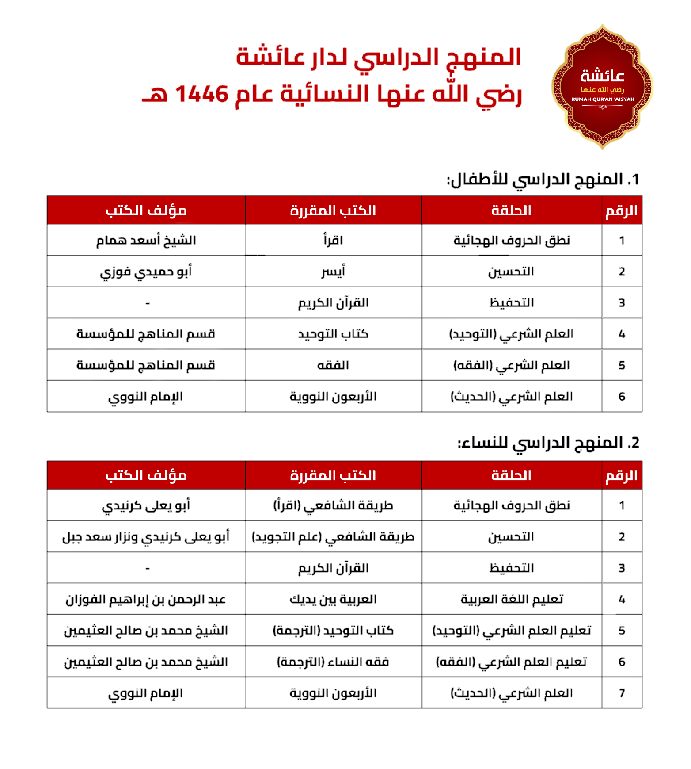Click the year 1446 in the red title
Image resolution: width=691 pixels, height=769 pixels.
click(x=202, y=94)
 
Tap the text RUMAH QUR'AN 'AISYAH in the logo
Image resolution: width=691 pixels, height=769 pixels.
click(x=603, y=99)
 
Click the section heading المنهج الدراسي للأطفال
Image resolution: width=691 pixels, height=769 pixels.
click(x=543, y=180)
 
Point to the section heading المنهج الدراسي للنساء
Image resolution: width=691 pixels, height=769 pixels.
click(x=548, y=443)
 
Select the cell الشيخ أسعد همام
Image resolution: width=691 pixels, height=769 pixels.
click(x=146, y=241)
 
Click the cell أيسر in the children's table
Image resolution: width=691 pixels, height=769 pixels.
click(x=333, y=272)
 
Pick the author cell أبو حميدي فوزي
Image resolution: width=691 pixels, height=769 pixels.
click(x=146, y=272)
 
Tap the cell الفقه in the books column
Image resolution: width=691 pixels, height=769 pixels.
click(x=333, y=365)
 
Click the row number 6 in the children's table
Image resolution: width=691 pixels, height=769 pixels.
click(x=622, y=397)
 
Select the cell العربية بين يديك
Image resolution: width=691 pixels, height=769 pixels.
click(x=333, y=599)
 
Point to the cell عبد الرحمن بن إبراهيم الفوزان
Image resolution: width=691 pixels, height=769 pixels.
click(x=146, y=599)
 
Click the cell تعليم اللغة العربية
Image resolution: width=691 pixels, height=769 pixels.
click(x=512, y=599)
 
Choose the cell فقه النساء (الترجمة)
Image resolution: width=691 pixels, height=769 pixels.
click(x=333, y=662)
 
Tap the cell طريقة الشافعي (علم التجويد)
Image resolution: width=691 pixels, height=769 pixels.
click(x=333, y=537)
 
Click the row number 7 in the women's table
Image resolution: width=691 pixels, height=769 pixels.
click(x=622, y=693)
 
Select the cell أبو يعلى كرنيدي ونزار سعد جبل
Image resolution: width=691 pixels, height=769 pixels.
click(x=146, y=537)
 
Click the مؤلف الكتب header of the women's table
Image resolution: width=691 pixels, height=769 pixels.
click(x=146, y=475)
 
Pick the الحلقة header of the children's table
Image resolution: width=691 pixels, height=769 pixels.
click(x=512, y=210)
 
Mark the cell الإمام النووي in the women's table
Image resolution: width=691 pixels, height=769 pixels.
click(x=146, y=693)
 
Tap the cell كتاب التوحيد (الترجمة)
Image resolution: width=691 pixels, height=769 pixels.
click(x=333, y=631)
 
